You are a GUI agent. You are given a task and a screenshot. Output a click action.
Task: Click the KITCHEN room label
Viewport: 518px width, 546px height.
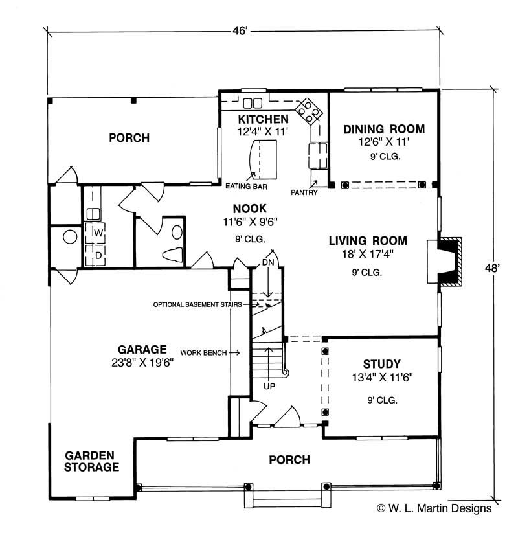(263, 119)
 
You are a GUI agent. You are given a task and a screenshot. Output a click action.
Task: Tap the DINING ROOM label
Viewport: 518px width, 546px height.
(384, 129)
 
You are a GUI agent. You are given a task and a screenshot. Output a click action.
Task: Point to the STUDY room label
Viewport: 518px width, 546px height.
(381, 364)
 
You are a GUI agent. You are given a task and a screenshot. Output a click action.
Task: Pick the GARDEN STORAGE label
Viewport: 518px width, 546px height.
(91, 461)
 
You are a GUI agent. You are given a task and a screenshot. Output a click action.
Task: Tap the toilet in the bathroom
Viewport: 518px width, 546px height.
(172, 253)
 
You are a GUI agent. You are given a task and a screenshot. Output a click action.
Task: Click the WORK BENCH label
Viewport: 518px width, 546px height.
(203, 352)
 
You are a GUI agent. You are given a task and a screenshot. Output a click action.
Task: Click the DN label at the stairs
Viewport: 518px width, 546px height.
(269, 262)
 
